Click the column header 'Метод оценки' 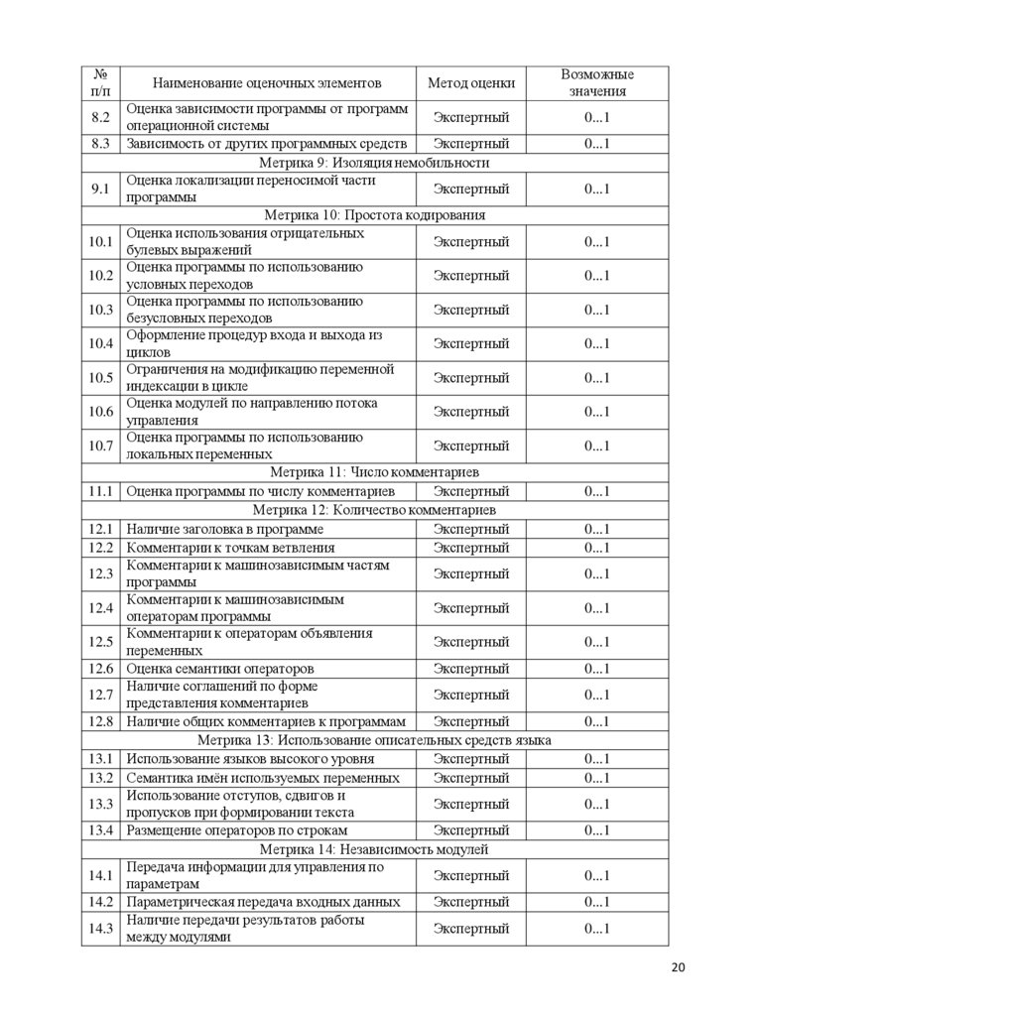click(x=471, y=83)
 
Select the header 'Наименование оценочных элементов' click(x=267, y=83)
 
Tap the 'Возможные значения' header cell click(x=596, y=83)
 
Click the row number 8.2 click(x=100, y=118)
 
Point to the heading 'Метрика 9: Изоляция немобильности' click(x=374, y=163)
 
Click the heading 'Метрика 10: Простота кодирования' click(x=374, y=215)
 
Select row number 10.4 click(x=100, y=344)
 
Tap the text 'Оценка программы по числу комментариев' click(x=261, y=492)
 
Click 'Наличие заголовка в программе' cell click(x=225, y=530)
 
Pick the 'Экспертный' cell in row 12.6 click(x=471, y=669)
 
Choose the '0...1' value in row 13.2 click(x=596, y=778)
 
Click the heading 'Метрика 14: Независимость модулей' click(x=374, y=850)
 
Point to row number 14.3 click(x=100, y=929)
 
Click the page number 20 click(x=679, y=968)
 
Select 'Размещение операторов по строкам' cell click(x=237, y=830)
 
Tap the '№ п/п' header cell click(x=100, y=83)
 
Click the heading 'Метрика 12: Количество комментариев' click(x=374, y=510)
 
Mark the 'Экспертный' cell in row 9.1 click(x=471, y=190)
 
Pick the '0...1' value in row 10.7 click(x=596, y=446)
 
